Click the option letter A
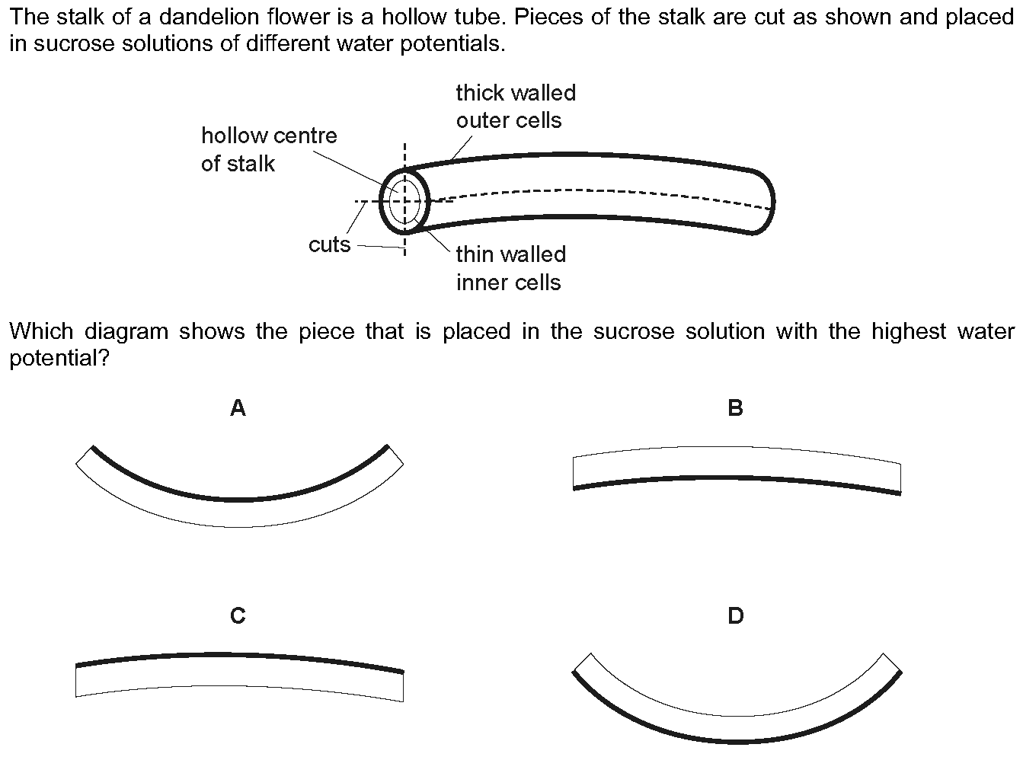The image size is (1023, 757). (x=238, y=407)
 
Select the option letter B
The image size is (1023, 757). (x=736, y=407)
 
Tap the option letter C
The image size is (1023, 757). (x=238, y=615)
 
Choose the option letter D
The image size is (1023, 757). (x=736, y=615)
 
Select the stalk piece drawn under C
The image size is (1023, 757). (x=239, y=669)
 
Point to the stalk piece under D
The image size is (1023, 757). (x=737, y=729)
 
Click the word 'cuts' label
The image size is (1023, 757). (x=329, y=244)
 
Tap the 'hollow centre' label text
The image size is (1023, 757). (x=270, y=136)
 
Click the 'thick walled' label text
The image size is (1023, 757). (x=516, y=93)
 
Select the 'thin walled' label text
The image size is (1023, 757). (x=511, y=254)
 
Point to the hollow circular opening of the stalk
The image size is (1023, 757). (x=404, y=202)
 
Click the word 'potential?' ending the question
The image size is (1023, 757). (x=59, y=358)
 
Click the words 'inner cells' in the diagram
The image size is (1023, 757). (x=508, y=283)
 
